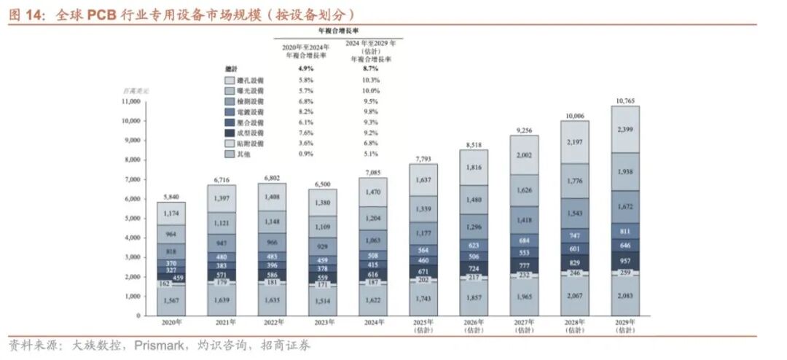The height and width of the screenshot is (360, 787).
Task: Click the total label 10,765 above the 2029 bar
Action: (x=624, y=99)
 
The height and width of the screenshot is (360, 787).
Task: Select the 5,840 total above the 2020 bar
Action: (x=171, y=196)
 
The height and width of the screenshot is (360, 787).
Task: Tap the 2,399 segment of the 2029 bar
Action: (x=624, y=129)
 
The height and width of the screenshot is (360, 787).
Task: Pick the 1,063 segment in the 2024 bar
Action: (x=372, y=238)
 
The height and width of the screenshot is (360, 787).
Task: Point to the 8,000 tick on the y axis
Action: (x=132, y=160)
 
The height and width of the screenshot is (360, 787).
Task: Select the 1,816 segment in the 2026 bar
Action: (x=473, y=167)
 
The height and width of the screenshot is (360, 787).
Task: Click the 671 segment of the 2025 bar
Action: (x=423, y=270)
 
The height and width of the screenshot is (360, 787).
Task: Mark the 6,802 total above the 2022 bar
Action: (x=272, y=177)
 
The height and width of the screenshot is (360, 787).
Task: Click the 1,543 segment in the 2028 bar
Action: (x=574, y=212)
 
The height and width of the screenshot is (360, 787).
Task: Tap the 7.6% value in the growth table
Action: (x=305, y=133)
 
